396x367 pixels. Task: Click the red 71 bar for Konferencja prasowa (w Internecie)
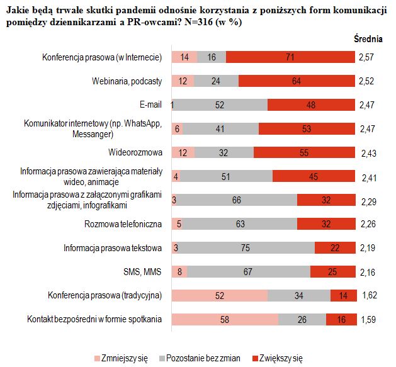290,57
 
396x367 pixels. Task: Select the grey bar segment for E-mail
220,104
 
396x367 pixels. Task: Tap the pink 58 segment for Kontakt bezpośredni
224,319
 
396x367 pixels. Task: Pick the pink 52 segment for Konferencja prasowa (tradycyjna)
219,295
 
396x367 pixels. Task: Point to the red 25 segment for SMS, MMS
332,271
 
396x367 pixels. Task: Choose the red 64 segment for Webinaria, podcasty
296,81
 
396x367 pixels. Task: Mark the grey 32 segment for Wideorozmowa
223,152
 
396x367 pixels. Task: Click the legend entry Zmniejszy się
125,358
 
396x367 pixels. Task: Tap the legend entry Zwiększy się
280,358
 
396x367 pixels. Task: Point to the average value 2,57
367,57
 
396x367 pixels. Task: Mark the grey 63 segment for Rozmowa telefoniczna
239,223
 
